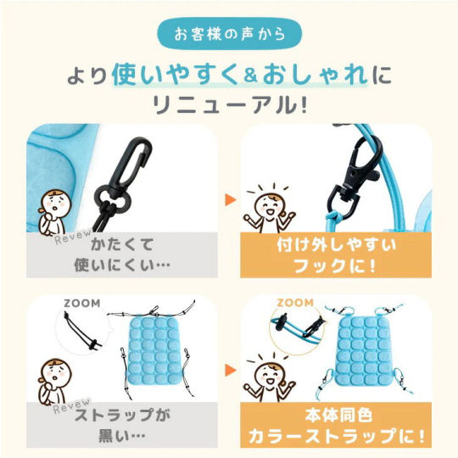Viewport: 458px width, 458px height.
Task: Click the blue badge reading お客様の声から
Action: click(x=230, y=34)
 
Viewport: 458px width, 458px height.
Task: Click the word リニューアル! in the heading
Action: click(x=230, y=105)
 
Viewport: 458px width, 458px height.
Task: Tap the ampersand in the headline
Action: click(x=250, y=76)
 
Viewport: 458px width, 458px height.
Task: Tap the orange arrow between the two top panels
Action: click(x=230, y=200)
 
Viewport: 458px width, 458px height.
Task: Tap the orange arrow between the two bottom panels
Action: click(x=230, y=371)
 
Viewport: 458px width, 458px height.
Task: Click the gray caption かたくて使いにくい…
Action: click(x=122, y=255)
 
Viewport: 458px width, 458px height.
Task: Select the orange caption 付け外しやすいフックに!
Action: click(x=336, y=255)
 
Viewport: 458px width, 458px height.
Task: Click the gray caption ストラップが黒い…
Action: click(x=122, y=425)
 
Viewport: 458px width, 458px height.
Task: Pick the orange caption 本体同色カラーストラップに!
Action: click(x=336, y=425)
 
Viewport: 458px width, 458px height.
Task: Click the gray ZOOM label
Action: click(x=82, y=304)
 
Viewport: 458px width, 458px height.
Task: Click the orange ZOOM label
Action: click(x=295, y=303)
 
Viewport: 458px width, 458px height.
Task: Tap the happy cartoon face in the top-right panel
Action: click(x=269, y=207)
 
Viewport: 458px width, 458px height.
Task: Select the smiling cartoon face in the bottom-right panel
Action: click(x=269, y=377)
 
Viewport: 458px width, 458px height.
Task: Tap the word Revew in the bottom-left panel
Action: click(x=72, y=406)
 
